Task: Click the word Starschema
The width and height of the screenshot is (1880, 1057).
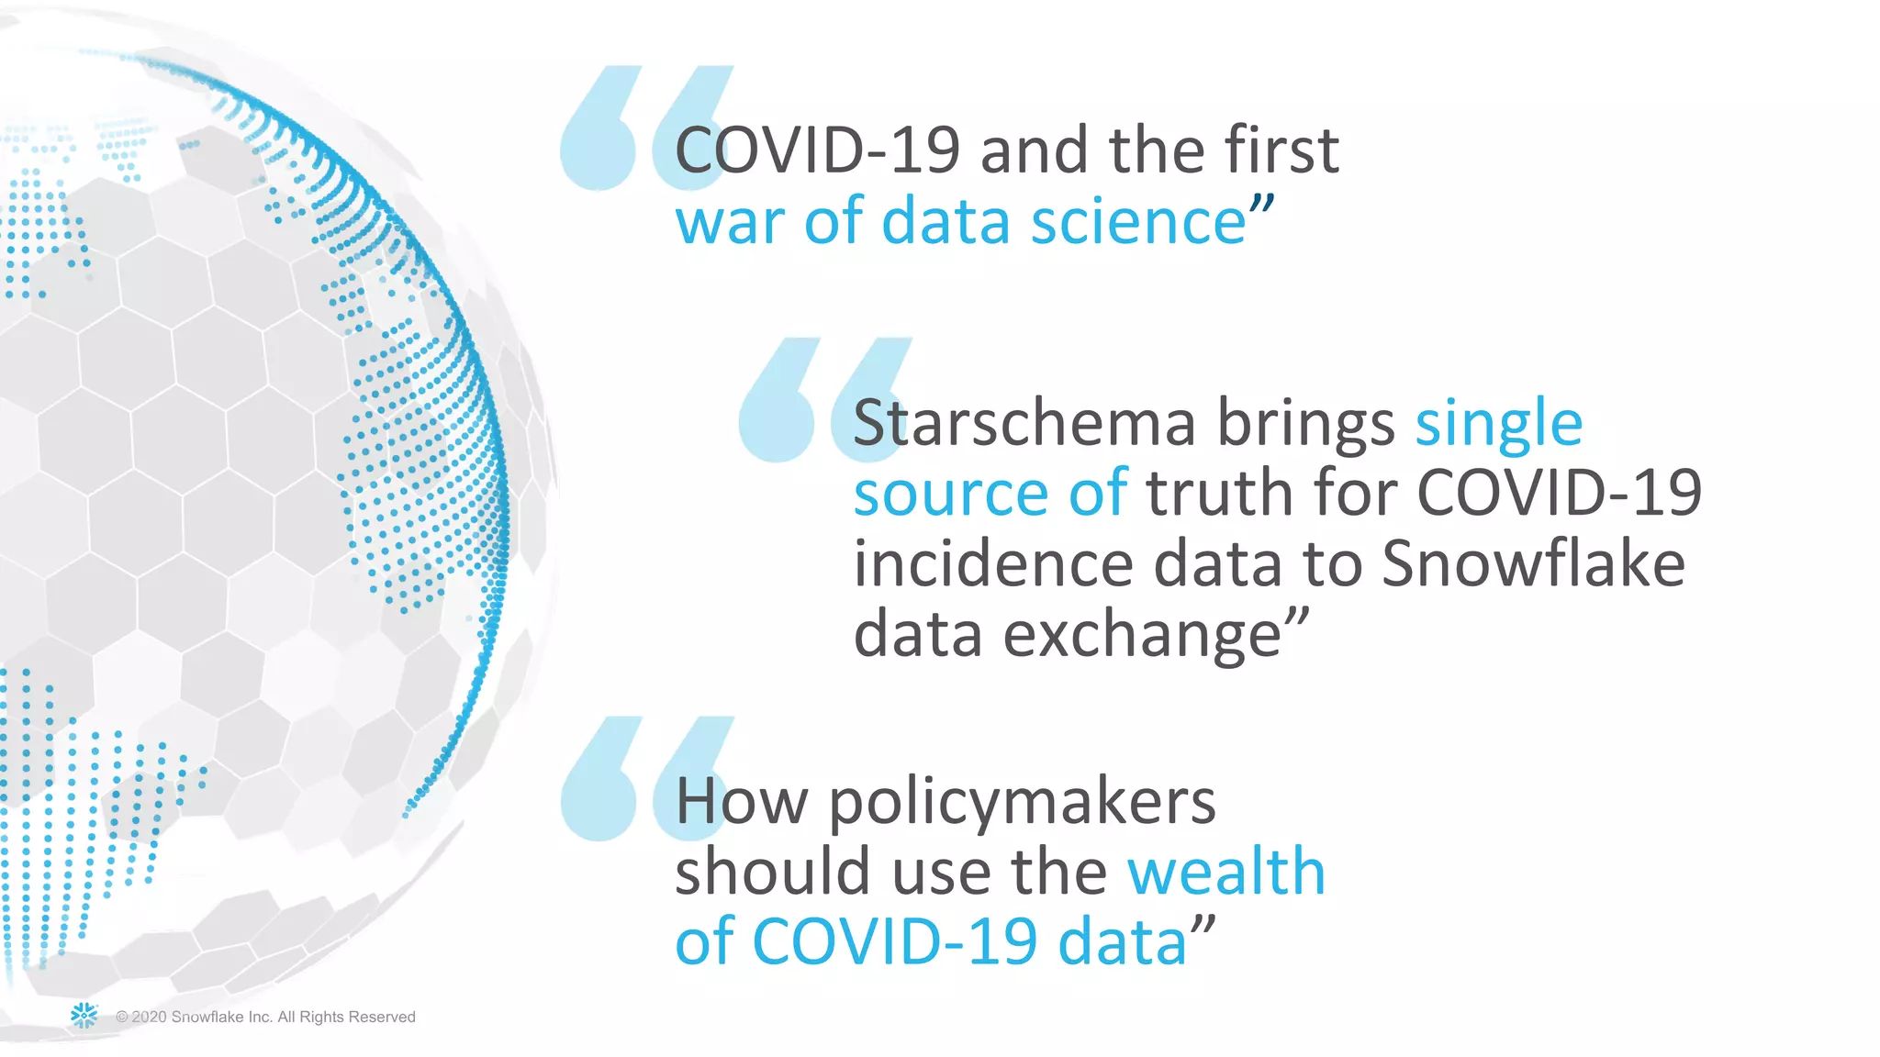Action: tap(1024, 424)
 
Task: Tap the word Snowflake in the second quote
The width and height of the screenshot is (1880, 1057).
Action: tap(1533, 563)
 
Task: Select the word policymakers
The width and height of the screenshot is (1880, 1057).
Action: tap(1023, 804)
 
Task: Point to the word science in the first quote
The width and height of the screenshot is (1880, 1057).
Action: tap(1138, 222)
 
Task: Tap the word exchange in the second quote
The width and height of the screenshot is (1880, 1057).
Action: tap(1142, 635)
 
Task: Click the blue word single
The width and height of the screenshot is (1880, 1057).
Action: tap(1498, 426)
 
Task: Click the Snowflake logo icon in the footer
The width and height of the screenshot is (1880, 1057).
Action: tap(84, 1015)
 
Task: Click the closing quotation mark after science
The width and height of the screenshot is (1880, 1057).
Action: tap(1262, 205)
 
